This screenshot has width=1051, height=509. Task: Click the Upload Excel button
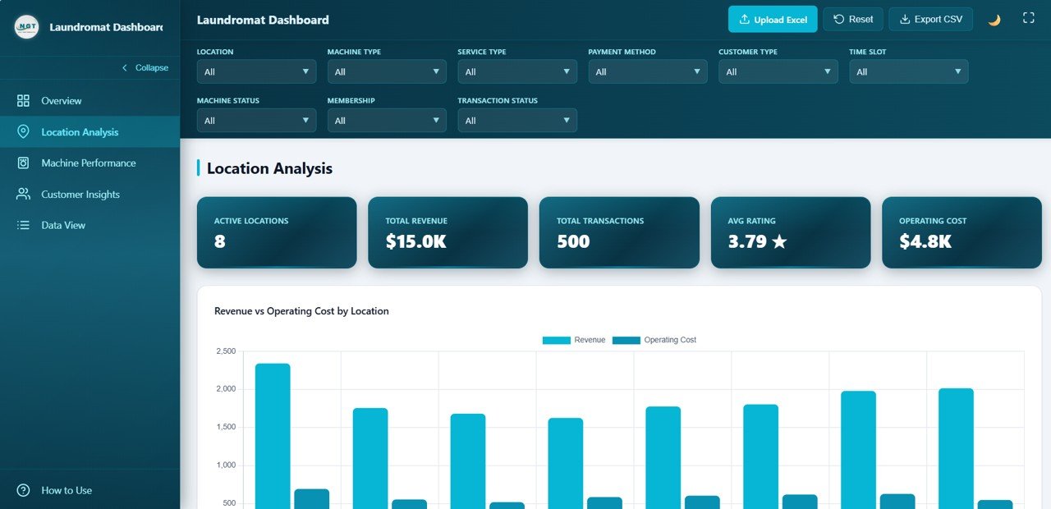click(x=772, y=20)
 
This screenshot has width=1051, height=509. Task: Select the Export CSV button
click(x=930, y=20)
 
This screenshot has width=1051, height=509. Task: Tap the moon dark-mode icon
click(x=994, y=20)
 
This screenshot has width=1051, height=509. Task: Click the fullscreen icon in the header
click(x=1028, y=18)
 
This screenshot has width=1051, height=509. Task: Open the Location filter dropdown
click(x=256, y=72)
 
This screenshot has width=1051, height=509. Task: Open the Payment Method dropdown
click(x=647, y=72)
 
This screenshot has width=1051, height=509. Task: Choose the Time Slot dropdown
click(x=908, y=72)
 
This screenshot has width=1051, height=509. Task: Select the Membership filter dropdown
click(x=387, y=121)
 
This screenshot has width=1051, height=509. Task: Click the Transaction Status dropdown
click(x=517, y=121)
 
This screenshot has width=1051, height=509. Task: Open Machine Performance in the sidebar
click(x=89, y=163)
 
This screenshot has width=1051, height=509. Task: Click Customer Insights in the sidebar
click(x=80, y=195)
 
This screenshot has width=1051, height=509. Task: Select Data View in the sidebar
click(x=63, y=225)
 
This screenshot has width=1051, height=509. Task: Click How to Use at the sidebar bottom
click(x=67, y=490)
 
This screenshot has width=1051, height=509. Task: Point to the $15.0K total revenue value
click(x=416, y=241)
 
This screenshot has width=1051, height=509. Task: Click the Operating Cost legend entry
click(x=654, y=340)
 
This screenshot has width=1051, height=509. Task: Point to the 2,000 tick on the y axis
click(x=226, y=389)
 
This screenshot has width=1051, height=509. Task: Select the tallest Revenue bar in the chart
click(x=273, y=435)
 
